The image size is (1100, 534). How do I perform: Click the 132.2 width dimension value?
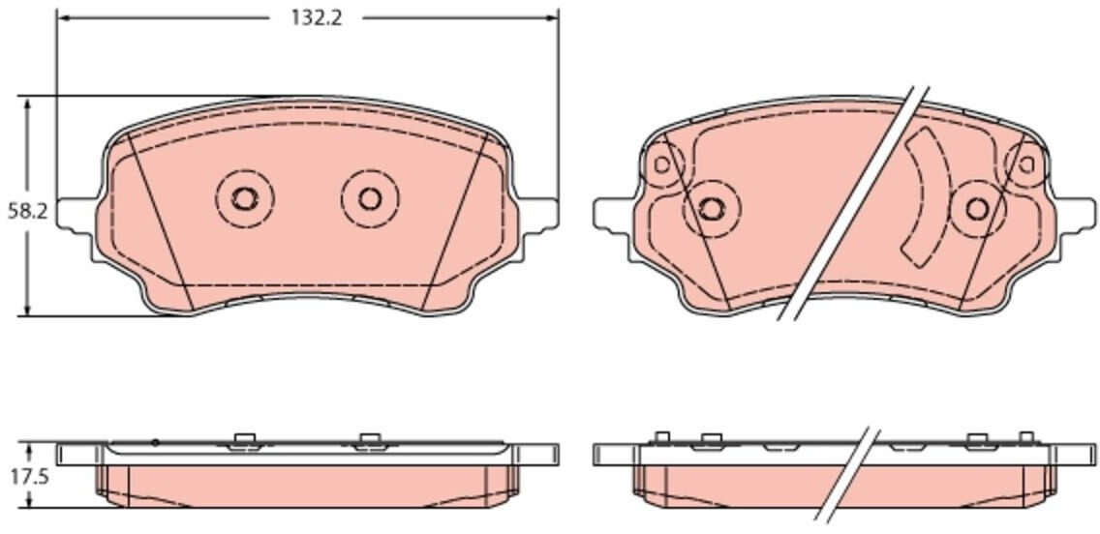(317, 18)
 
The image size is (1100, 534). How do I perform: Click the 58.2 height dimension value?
(27, 210)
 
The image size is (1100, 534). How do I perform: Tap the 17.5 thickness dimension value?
(28, 477)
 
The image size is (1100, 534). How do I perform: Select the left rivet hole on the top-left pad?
(244, 199)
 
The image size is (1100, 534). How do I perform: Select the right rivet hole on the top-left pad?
(370, 199)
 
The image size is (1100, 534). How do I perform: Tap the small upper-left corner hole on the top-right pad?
(661, 164)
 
